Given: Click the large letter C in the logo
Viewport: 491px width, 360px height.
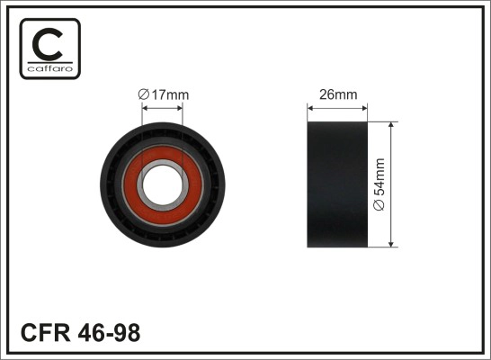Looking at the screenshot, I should (x=49, y=41).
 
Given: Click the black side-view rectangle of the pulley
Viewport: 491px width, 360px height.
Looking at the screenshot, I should (x=338, y=184).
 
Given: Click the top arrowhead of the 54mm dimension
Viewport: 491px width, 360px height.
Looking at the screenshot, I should (x=392, y=126).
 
